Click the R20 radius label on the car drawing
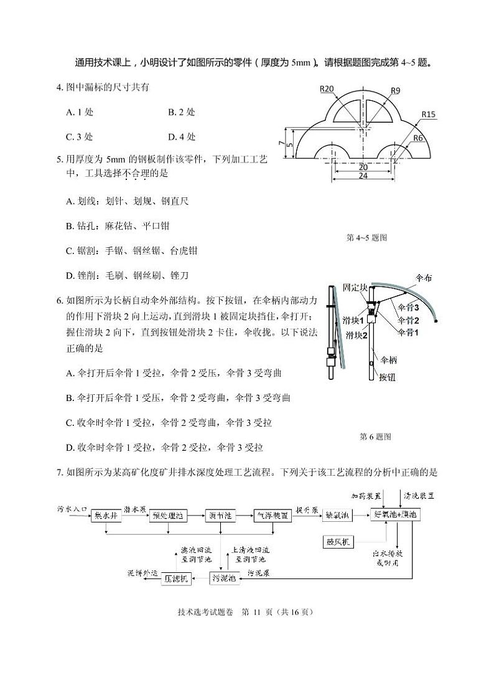point(327,88)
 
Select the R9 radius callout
point(396,91)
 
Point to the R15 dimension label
point(428,114)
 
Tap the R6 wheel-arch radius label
point(418,138)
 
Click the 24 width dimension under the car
point(363,176)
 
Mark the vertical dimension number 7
point(282,144)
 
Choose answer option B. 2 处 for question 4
point(181,112)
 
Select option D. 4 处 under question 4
point(182,136)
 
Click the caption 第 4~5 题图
point(366,237)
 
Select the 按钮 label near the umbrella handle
point(387,377)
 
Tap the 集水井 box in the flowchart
point(106,515)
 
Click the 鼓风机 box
point(337,542)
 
